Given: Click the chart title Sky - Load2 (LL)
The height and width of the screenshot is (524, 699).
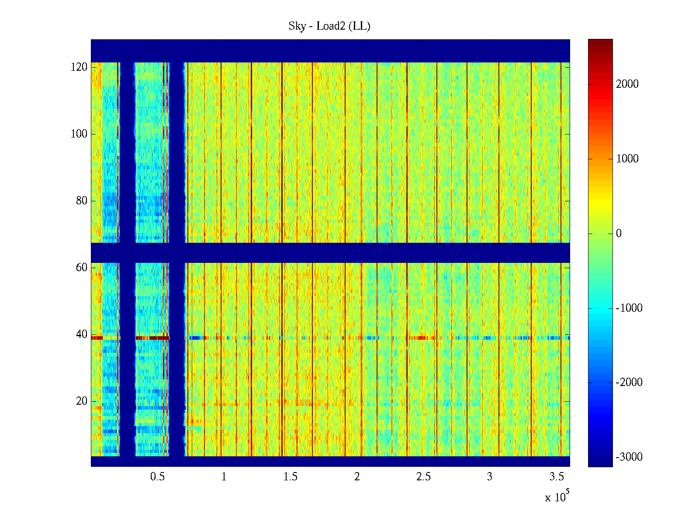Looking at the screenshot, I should [329, 26].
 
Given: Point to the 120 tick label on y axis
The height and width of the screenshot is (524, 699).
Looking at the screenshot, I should [79, 67].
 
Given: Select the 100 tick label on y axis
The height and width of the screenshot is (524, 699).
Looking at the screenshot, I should [79, 134].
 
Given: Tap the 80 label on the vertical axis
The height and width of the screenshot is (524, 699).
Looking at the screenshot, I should [82, 201].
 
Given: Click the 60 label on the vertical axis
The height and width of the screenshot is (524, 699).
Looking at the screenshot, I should [82, 268].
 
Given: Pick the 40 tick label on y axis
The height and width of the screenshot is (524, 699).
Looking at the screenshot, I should [82, 334].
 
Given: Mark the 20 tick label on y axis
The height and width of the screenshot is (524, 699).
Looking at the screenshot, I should [82, 401].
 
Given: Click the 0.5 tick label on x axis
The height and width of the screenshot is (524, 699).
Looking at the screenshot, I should [158, 477].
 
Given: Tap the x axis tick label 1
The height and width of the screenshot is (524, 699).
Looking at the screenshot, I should [224, 477].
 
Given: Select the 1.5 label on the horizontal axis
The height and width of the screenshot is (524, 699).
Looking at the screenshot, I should [291, 477].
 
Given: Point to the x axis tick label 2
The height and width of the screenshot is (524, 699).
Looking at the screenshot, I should [357, 477].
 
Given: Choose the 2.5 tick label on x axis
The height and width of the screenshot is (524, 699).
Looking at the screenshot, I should [423, 477].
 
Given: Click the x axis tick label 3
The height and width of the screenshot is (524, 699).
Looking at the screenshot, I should [490, 477].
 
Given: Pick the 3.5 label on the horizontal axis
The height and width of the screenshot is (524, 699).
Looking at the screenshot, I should [556, 477].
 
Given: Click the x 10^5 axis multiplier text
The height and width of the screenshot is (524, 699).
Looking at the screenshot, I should [557, 497].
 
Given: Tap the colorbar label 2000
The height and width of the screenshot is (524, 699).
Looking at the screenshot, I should [627, 84].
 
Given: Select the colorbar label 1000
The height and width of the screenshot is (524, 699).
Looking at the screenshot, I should [627, 159].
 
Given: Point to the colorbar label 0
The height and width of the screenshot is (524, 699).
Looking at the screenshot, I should [619, 234].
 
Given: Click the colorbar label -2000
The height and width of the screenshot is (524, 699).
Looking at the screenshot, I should [629, 383].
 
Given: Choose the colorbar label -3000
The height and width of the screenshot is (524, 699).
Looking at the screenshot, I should [629, 457].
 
